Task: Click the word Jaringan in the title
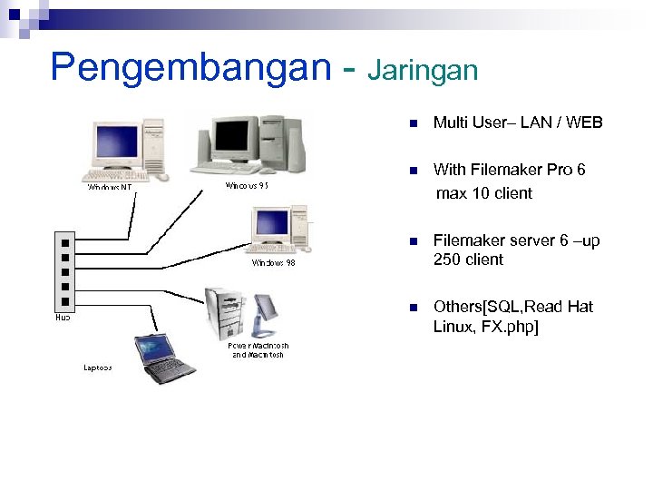423,70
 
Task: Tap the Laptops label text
98,367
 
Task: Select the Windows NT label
110,188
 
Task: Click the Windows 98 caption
273,263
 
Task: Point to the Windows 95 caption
246,185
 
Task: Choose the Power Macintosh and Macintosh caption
258,350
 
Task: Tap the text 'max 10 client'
483,193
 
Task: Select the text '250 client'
468,260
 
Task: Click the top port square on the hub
63,243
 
